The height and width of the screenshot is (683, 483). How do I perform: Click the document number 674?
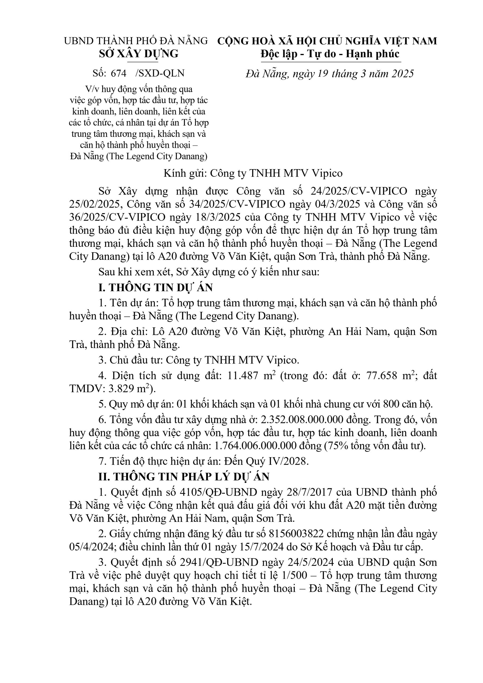click(x=118, y=73)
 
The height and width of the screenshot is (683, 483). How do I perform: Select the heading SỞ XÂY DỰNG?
click(x=139, y=54)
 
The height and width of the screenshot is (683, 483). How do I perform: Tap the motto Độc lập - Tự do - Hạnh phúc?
click(x=330, y=54)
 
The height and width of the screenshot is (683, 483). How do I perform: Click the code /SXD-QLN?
click(x=160, y=73)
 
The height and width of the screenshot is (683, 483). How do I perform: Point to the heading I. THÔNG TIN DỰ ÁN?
click(x=156, y=287)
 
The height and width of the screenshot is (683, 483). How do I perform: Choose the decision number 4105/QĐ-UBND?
click(x=219, y=492)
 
